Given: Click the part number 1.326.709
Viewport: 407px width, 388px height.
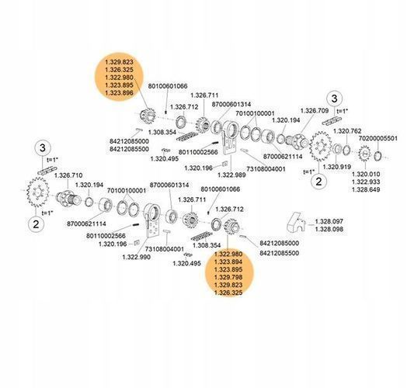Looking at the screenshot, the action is tap(315, 111).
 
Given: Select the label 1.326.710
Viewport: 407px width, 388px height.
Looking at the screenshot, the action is tap(68, 175).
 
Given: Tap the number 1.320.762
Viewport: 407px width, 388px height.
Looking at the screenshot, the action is tap(347, 131).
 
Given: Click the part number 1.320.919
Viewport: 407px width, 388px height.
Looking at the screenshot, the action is tap(336, 167).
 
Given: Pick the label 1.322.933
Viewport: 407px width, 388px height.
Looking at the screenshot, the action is tap(366, 182).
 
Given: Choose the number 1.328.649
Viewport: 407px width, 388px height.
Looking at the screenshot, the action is tap(366, 189).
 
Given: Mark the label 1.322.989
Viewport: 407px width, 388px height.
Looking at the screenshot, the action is tap(231, 175).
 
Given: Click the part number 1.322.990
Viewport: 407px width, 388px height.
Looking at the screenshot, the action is tap(136, 257).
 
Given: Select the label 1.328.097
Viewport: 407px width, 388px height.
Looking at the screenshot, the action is tap(329, 221).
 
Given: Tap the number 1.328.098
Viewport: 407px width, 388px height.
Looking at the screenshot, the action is tap(329, 229).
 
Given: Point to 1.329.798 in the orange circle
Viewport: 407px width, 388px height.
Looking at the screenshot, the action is tap(228, 277).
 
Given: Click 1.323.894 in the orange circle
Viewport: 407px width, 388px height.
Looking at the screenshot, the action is tap(228, 262).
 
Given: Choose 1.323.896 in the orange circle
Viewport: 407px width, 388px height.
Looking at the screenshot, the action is tap(119, 92).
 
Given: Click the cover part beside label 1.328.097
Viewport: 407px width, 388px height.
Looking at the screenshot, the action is tap(295, 223).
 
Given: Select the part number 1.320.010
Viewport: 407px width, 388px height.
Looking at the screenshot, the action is tap(366, 174).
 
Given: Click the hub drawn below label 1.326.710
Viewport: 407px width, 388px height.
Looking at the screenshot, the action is tap(68, 199).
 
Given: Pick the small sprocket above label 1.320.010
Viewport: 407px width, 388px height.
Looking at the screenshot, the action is tap(365, 154).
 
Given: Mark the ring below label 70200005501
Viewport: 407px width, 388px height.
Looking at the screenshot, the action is tap(378, 156).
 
